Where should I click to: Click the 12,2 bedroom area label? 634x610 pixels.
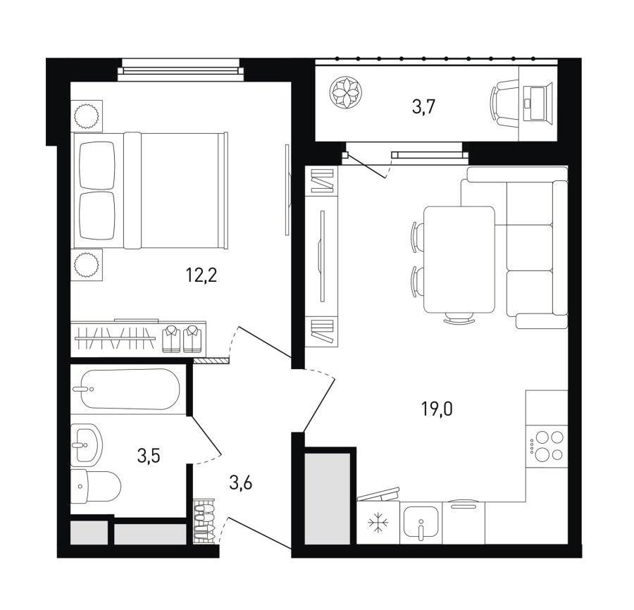click(201, 275)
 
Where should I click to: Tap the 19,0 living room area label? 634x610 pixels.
click(437, 409)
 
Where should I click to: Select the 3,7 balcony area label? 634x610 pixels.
click(423, 107)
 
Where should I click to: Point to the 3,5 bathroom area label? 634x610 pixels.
click(149, 456)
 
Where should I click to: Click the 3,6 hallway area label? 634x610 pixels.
click(241, 483)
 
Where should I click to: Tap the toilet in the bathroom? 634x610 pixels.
click(95, 486)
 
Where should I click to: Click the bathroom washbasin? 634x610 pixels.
click(86, 445)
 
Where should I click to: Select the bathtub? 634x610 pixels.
click(130, 389)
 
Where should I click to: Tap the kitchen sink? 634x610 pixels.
click(421, 523)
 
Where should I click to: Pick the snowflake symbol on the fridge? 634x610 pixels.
click(378, 522)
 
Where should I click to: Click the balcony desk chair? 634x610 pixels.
click(504, 103)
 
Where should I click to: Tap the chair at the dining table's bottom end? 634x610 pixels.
click(459, 318)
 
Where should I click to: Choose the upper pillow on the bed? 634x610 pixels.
click(97, 166)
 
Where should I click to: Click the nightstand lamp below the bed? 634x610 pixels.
click(86, 265)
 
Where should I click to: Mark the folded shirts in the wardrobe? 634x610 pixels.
click(182, 339)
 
